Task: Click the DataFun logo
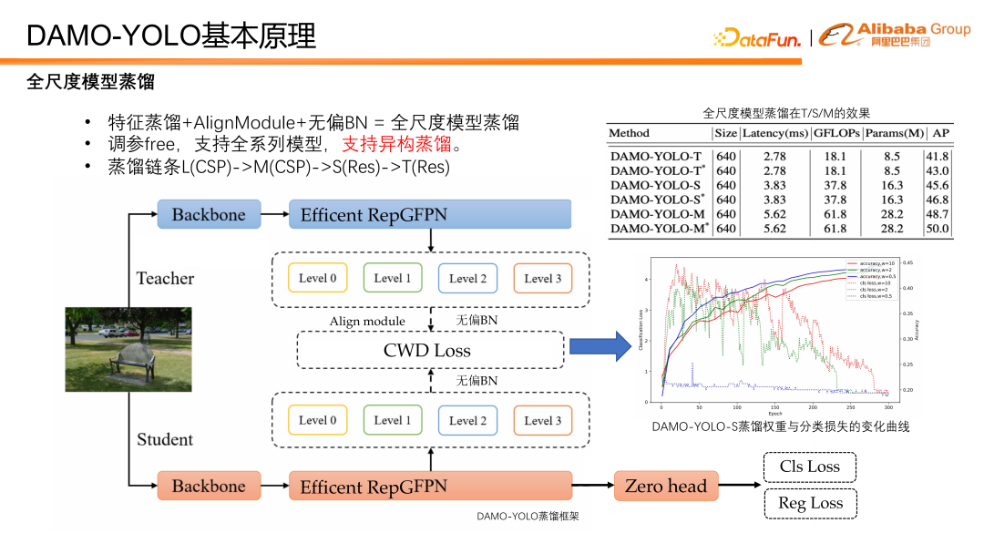757,38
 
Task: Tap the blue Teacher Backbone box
209,215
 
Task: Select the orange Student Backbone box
209,487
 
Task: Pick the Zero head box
666,487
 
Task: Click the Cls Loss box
810,467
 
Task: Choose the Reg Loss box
810,503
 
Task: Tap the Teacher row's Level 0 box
317,278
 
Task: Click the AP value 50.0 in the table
938,230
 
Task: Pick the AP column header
939,133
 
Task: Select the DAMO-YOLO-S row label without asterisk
656,185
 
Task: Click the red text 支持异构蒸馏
396,145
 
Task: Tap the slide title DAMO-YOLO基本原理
171,36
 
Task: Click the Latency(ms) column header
774,133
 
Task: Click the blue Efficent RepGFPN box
429,215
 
